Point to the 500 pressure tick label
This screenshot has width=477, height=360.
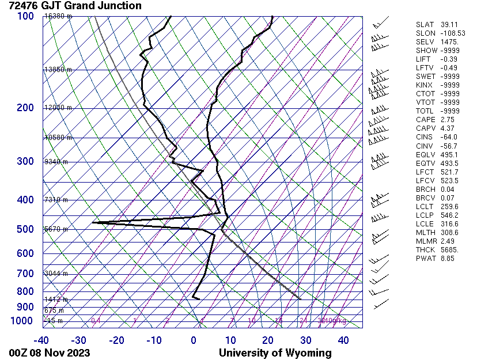click(25, 229)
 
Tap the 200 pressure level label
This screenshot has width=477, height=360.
click(25, 108)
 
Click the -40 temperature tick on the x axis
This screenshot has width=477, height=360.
click(41, 340)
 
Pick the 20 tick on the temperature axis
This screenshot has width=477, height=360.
click(268, 340)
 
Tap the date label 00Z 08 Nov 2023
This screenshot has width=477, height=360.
click(50, 353)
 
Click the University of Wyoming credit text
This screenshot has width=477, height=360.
click(275, 353)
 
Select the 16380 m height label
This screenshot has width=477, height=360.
click(58, 16)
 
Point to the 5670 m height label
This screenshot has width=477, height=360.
click(56, 229)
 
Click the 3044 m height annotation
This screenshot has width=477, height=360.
click(56, 273)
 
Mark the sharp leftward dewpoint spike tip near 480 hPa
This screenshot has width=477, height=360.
click(93, 222)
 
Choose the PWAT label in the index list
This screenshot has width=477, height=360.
click(426, 258)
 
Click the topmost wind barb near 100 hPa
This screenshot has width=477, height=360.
click(379, 24)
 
